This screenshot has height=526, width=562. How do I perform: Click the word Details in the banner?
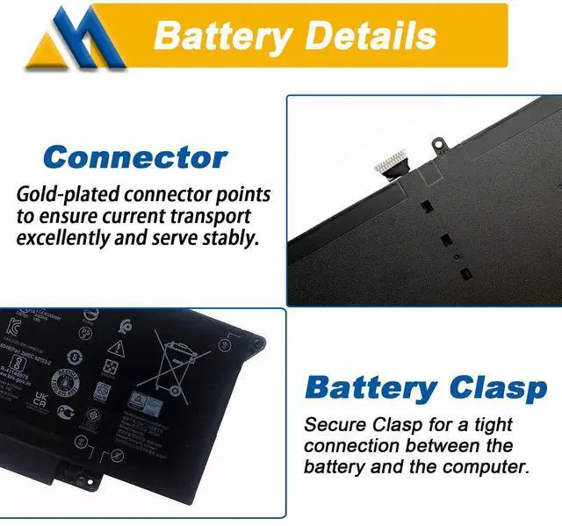click(363, 36)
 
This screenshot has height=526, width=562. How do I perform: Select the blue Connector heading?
click(135, 158)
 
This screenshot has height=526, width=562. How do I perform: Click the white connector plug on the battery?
click(392, 162)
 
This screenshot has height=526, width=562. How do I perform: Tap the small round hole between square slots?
click(457, 258)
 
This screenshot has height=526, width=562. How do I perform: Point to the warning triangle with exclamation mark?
click(116, 349)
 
